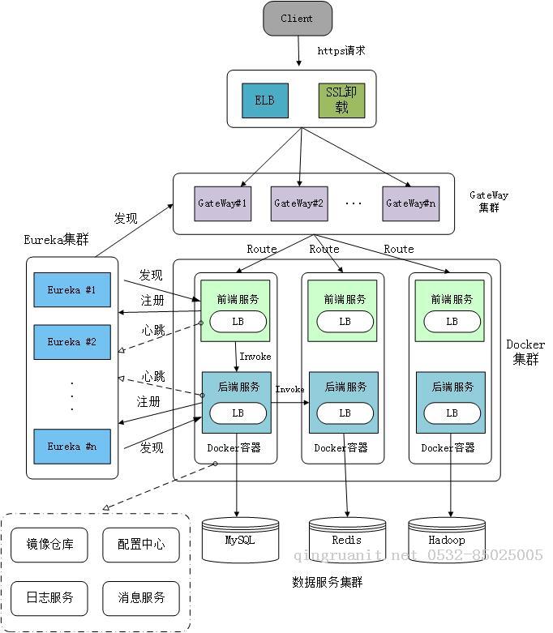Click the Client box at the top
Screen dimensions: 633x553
[x=298, y=19]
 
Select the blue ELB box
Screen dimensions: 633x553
[x=265, y=101]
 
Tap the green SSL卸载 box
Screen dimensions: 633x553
[x=341, y=101]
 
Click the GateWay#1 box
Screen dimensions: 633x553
[x=221, y=203]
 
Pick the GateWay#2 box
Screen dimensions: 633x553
[x=298, y=203]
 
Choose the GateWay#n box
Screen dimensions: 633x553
[x=410, y=203]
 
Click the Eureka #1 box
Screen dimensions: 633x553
[x=71, y=289]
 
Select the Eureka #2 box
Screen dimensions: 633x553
[x=71, y=342]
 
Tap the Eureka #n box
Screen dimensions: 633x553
[x=71, y=447]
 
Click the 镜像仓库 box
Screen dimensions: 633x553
[x=49, y=545]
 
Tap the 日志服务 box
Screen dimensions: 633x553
[x=49, y=598]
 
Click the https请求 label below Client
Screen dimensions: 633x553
[x=341, y=51]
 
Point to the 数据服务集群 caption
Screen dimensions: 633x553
[x=327, y=582]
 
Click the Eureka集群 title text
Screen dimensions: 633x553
[x=56, y=239]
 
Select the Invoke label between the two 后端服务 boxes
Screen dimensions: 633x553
[x=289, y=389]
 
